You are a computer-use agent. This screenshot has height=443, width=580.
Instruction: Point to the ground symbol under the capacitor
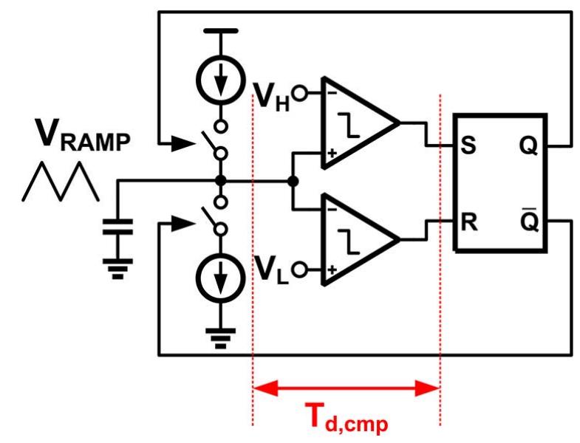tap(116, 269)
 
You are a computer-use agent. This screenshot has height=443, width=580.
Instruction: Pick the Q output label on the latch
tap(530, 145)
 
